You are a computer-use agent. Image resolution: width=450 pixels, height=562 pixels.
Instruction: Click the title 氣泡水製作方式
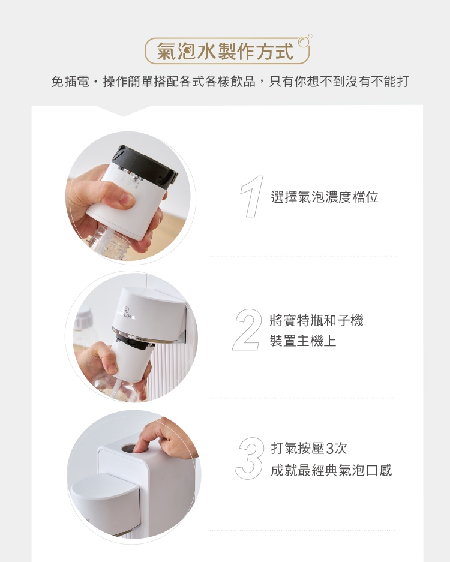[x=225, y=52]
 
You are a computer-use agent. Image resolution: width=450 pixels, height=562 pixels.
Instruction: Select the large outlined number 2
[x=247, y=330]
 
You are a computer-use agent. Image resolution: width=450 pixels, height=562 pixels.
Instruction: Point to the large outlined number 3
[x=250, y=458]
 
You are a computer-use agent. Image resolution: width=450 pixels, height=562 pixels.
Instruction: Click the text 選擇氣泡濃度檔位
[x=325, y=197]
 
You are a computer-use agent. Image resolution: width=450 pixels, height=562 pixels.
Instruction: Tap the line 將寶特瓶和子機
[x=317, y=321]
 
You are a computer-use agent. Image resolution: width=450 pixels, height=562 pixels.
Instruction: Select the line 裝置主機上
[x=303, y=341]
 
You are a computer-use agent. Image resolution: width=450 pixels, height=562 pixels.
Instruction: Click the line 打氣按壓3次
[x=309, y=448]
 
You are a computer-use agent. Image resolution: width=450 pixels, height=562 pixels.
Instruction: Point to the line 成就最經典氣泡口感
[x=331, y=470]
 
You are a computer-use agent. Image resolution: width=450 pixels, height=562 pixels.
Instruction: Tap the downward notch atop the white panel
[x=123, y=111]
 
